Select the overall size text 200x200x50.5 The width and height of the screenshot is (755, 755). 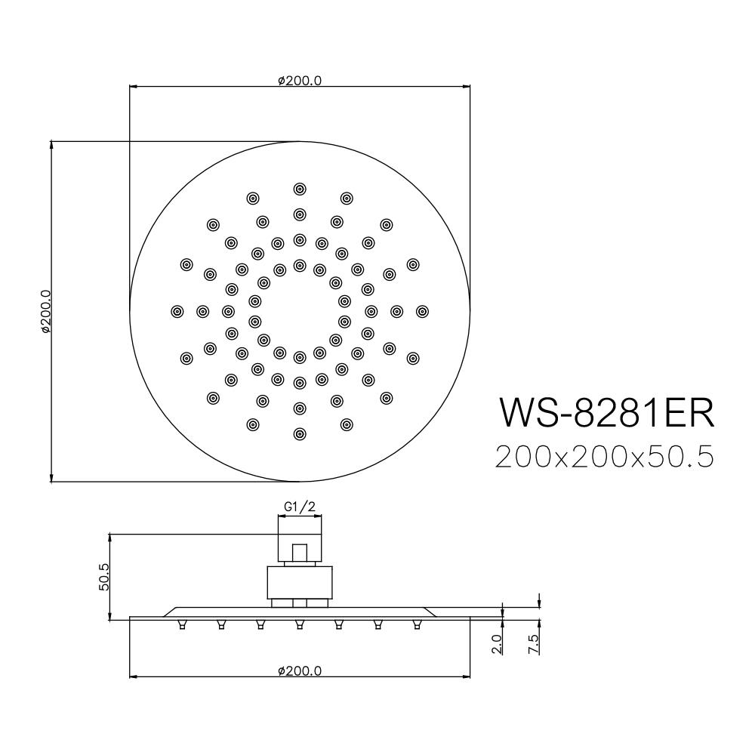604,457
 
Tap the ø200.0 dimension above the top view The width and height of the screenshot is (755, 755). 300,81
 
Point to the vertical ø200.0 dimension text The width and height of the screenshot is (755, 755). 45,311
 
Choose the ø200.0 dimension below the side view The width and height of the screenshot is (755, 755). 300,670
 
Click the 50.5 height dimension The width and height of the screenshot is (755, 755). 104,577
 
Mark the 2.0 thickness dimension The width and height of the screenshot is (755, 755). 496,643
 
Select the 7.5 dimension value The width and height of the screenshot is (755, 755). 533,643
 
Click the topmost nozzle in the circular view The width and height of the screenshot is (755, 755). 300,189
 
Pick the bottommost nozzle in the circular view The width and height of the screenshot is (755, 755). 300,433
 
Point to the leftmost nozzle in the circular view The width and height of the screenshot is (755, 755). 177,311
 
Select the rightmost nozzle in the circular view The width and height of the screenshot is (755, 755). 422,311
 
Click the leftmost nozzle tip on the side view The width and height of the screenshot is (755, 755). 182,624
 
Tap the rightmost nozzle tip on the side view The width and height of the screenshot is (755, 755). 416,624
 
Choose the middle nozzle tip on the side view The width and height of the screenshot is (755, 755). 300,624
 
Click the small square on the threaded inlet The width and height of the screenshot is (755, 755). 300,551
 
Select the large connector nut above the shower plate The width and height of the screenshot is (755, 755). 300,583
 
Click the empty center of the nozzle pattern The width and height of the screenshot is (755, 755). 300,311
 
